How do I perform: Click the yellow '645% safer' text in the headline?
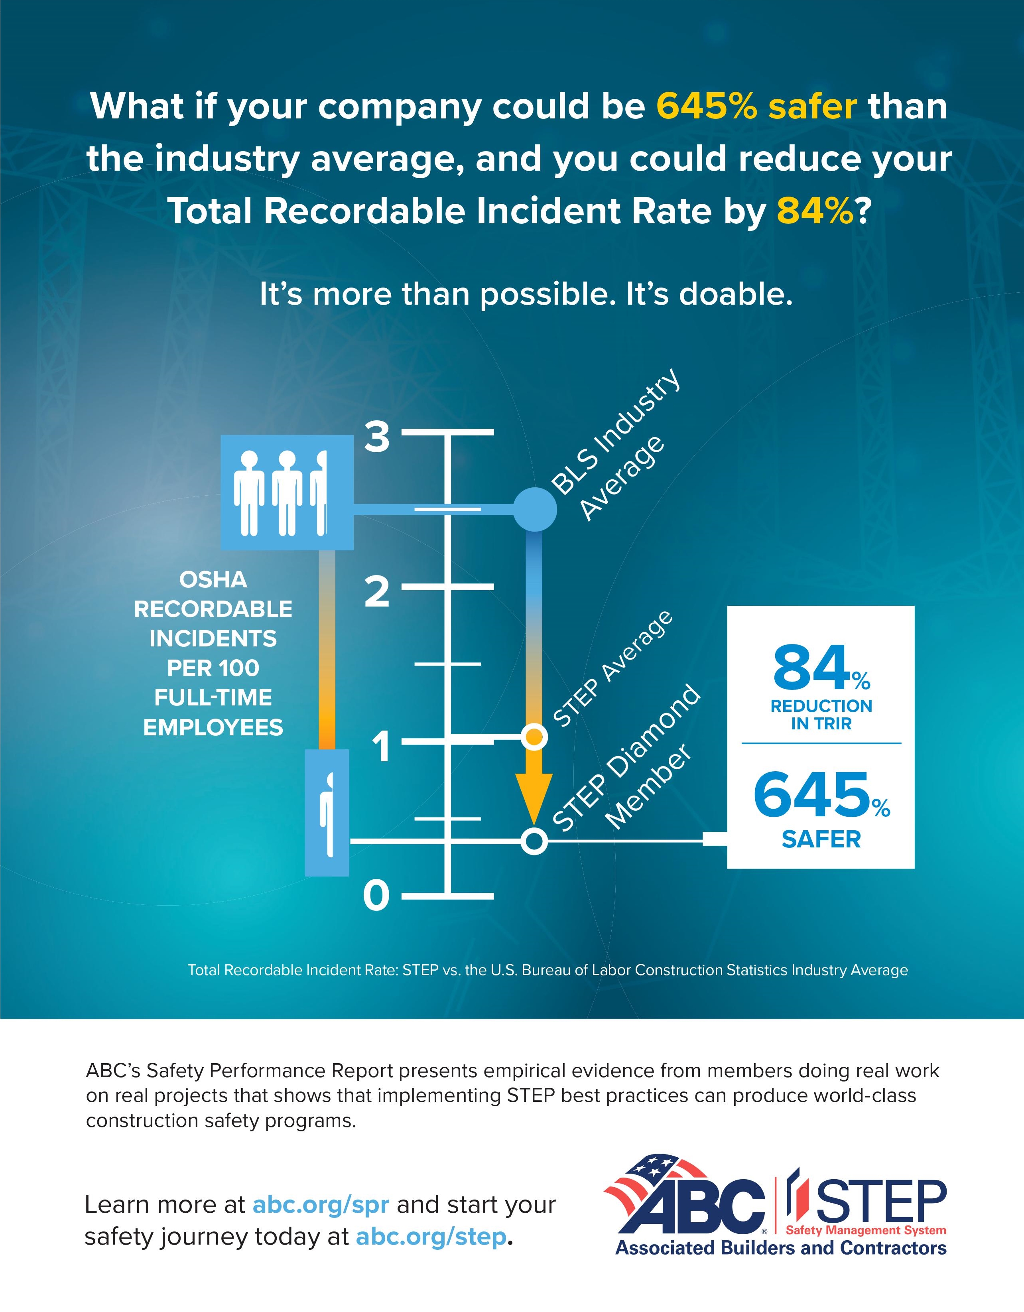click(756, 106)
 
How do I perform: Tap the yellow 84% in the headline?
click(814, 211)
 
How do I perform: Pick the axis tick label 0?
click(376, 896)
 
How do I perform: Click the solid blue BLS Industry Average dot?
click(534, 509)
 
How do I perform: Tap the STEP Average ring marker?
click(534, 737)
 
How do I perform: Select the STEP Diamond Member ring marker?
click(534, 841)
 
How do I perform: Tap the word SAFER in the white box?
click(821, 839)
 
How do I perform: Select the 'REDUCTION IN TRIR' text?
click(821, 714)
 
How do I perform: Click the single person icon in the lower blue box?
click(327, 814)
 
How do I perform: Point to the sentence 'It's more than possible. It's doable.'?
click(526, 294)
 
